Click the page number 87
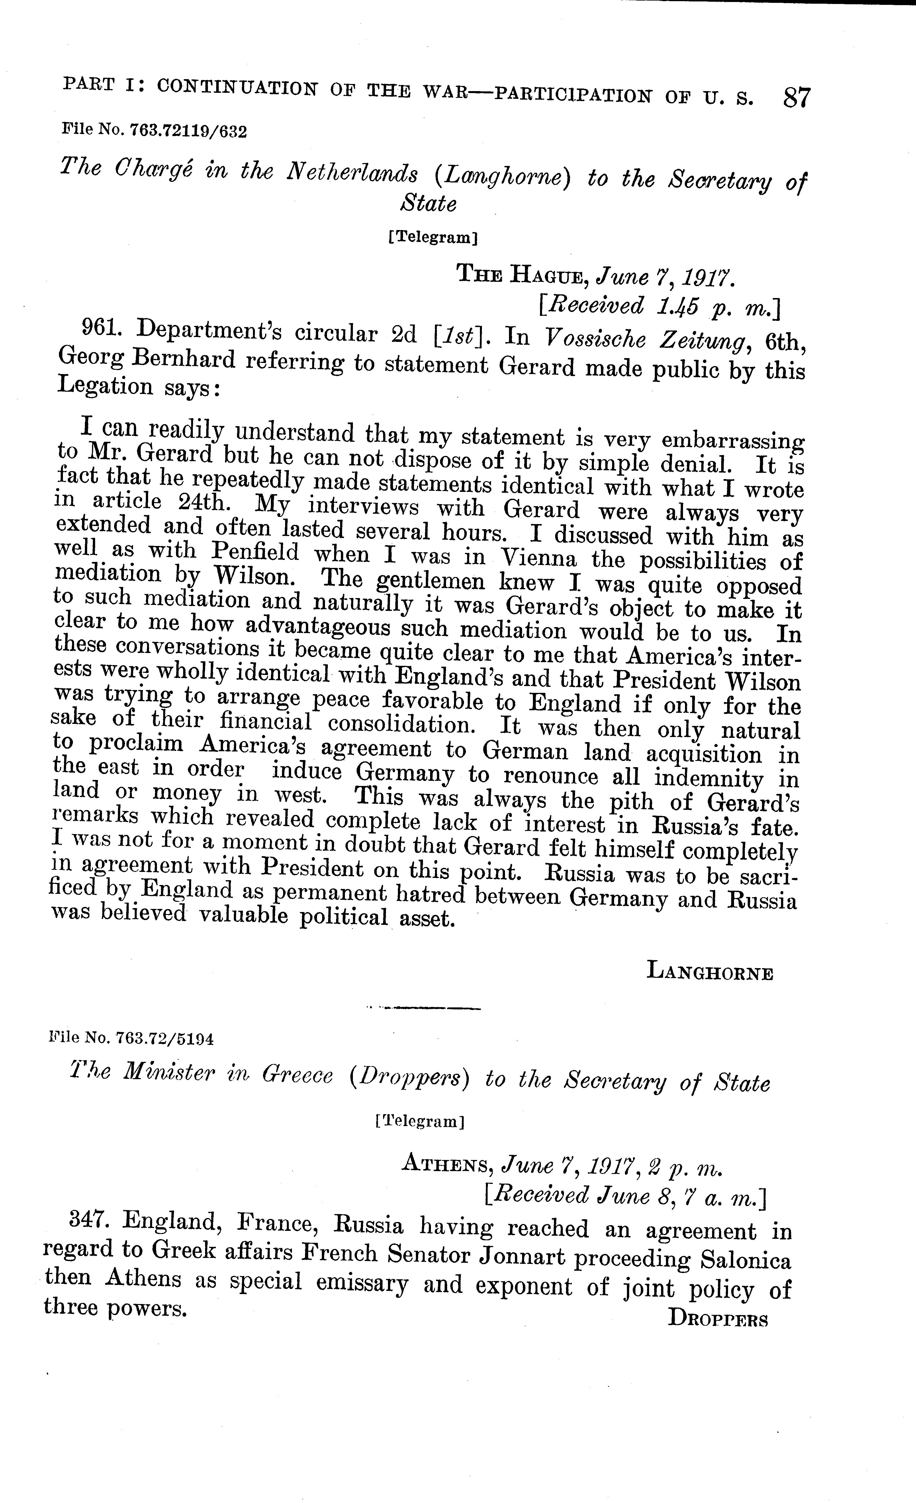click(x=796, y=98)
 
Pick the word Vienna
click(x=537, y=559)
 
